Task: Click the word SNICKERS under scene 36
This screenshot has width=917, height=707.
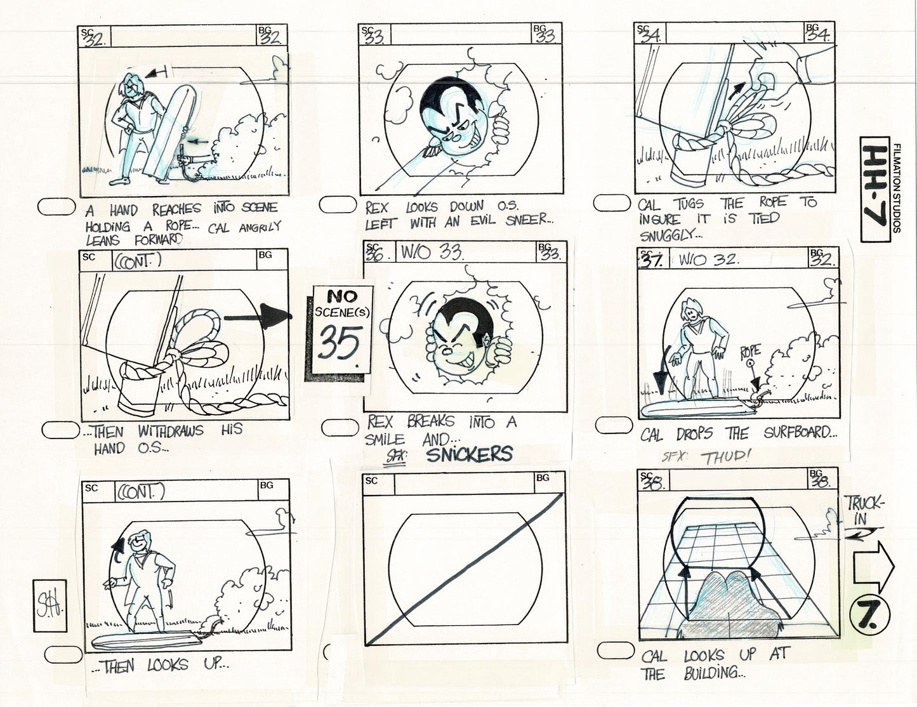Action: tap(469, 454)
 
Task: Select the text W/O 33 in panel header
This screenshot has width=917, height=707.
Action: tap(431, 253)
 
